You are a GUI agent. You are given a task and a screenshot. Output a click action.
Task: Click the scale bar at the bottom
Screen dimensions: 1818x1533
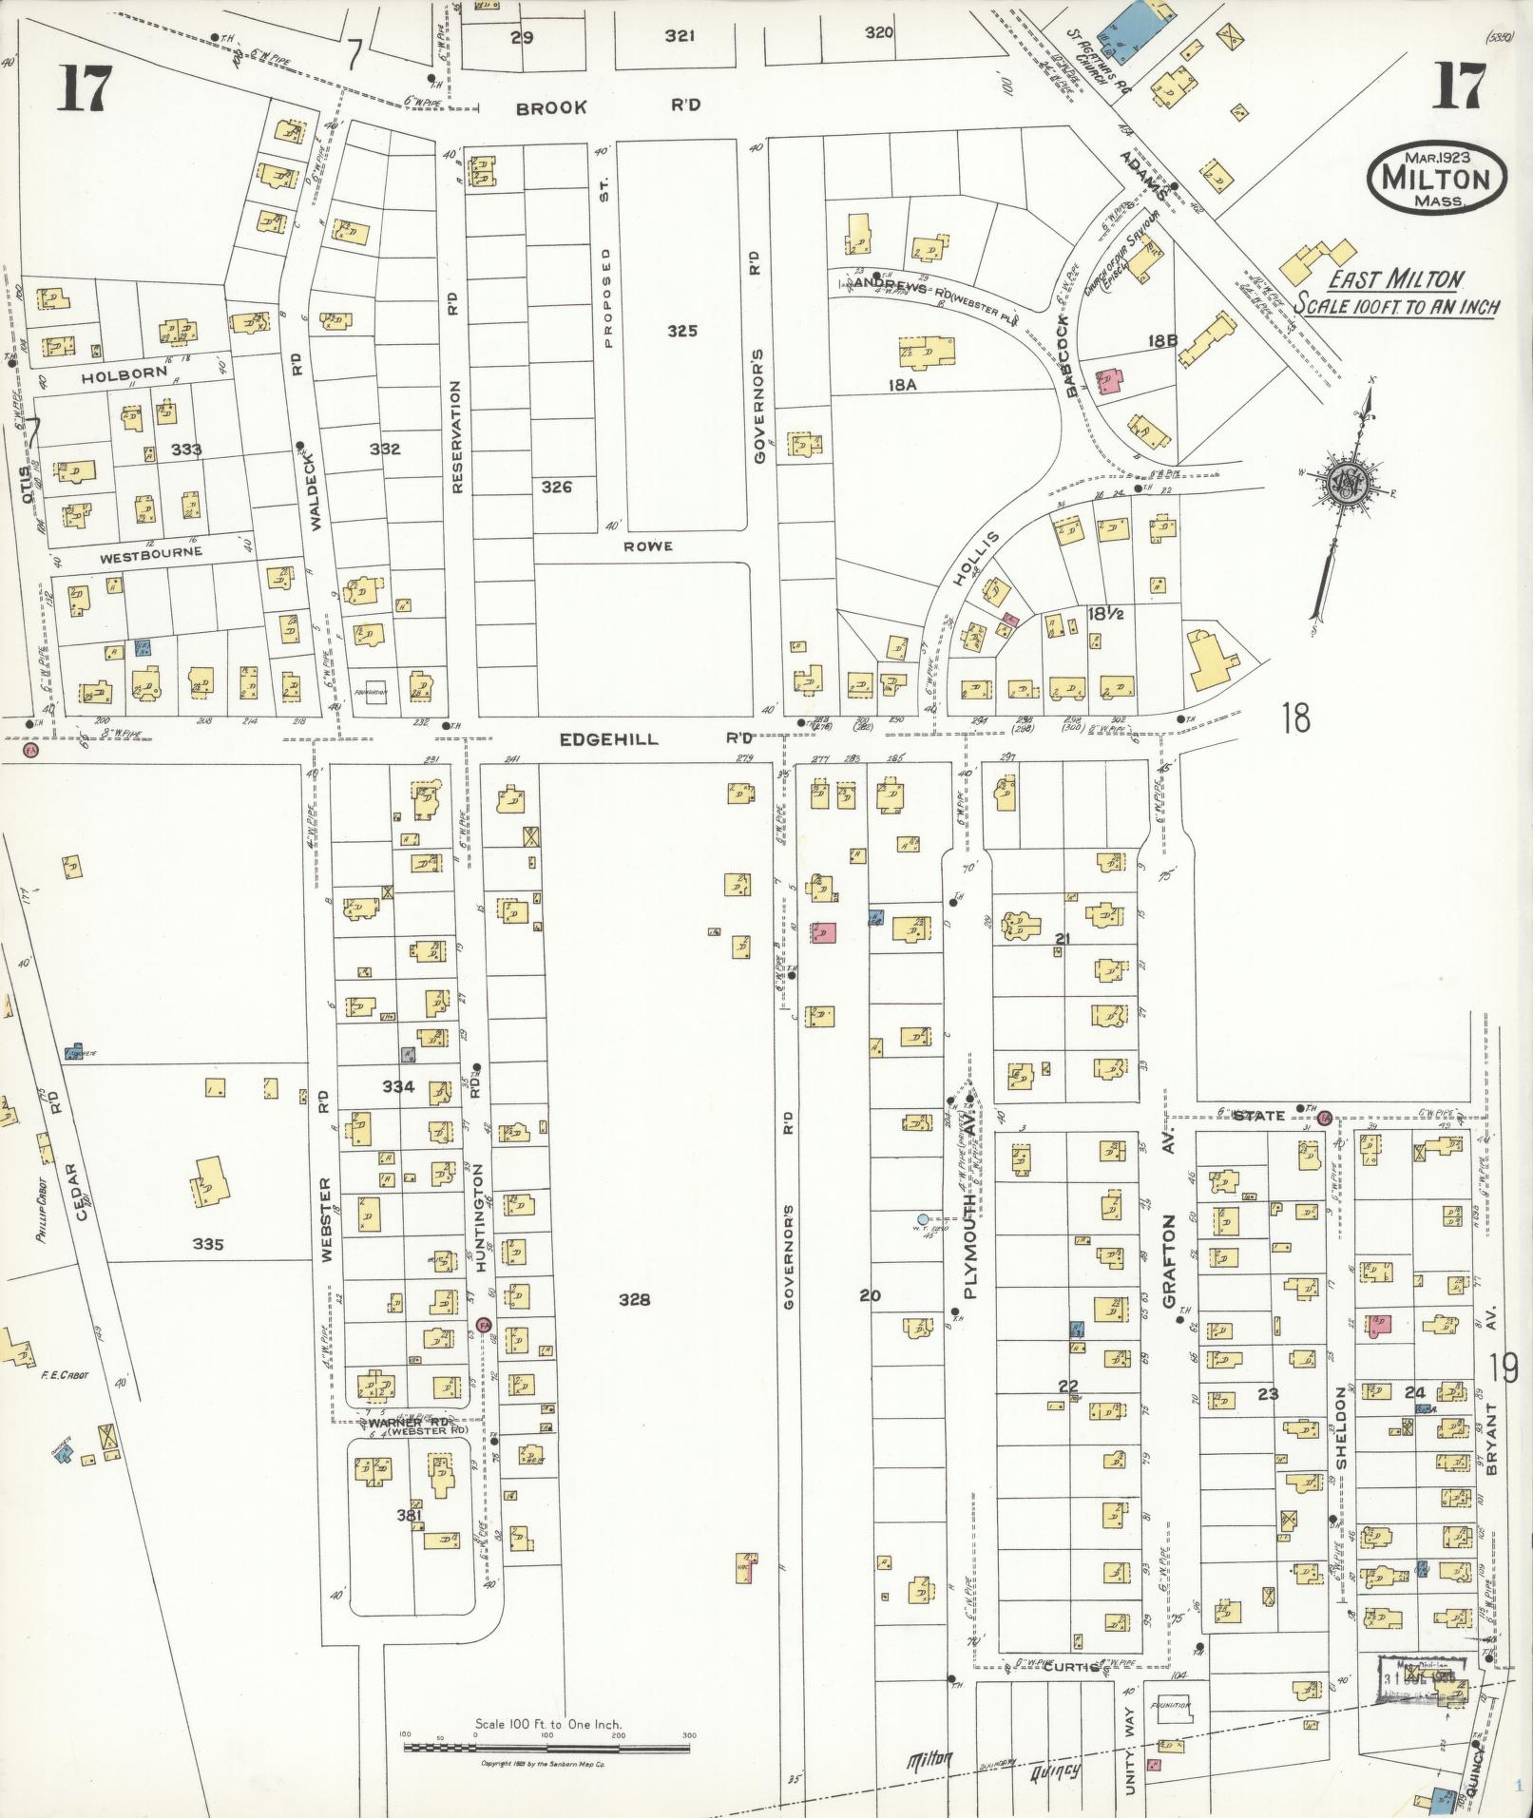(x=547, y=1747)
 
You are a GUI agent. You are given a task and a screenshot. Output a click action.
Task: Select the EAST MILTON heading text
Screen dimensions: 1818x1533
(x=1394, y=279)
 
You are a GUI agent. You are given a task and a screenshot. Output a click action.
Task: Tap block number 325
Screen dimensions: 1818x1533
(x=681, y=331)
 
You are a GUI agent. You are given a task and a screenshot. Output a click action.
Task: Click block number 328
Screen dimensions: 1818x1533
(x=634, y=1300)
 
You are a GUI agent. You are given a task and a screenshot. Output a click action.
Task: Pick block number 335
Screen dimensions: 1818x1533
(x=207, y=1244)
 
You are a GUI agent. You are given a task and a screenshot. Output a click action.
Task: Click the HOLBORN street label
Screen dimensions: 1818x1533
(x=124, y=374)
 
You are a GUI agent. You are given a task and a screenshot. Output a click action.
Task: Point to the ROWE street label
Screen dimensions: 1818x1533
(x=648, y=545)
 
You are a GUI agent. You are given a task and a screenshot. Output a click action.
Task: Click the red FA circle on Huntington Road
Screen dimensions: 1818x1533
(x=483, y=1325)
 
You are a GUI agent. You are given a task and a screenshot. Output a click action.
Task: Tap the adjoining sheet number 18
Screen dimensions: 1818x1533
(x=1293, y=718)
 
